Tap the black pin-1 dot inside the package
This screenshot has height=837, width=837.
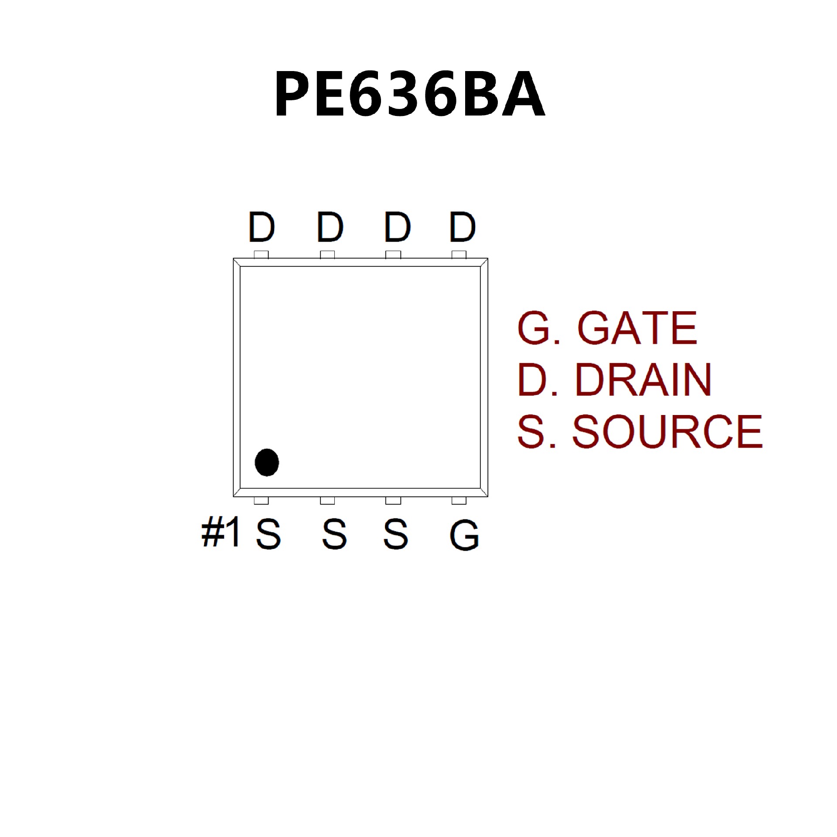[x=267, y=462]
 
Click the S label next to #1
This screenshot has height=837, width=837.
[x=268, y=534]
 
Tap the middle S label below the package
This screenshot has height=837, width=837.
[x=334, y=534]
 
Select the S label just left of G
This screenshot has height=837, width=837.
[x=396, y=534]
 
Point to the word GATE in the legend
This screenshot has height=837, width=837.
[x=637, y=328]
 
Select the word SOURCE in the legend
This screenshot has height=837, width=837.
[x=667, y=432]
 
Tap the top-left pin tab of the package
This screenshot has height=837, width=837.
[x=261, y=255]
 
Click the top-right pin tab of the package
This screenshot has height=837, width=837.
[x=459, y=255]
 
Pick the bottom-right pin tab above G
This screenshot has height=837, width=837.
[x=459, y=500]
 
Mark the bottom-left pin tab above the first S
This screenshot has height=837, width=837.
[x=261, y=500]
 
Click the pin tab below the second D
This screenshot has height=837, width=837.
[x=327, y=255]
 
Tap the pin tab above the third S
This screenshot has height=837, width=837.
[x=393, y=500]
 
